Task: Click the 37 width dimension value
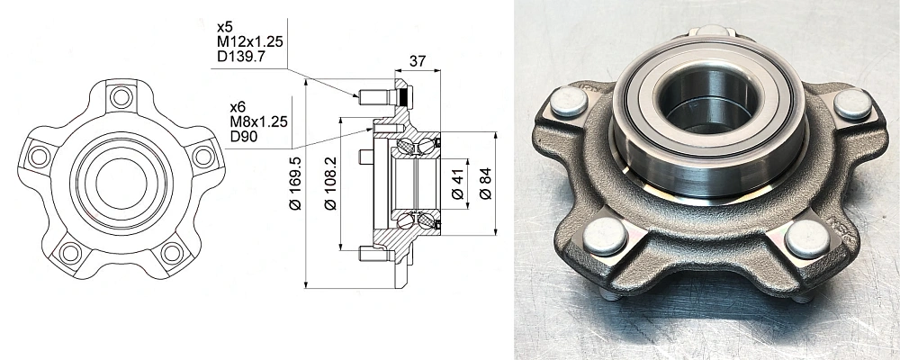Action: click(x=418, y=61)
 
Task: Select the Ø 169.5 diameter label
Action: click(x=295, y=184)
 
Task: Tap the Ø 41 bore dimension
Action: click(x=457, y=184)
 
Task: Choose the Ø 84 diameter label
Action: click(x=486, y=184)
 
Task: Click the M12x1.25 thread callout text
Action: click(x=249, y=42)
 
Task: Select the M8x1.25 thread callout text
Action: click(x=258, y=121)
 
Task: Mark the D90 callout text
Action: click(x=243, y=137)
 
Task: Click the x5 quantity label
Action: click(x=224, y=27)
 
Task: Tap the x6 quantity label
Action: click(x=238, y=107)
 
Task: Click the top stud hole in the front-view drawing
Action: click(x=121, y=96)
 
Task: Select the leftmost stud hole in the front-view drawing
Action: click(x=40, y=157)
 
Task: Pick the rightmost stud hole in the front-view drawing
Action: click(x=203, y=157)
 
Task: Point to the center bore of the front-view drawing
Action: click(x=121, y=184)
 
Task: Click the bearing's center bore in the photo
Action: click(x=707, y=103)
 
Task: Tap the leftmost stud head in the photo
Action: click(x=569, y=102)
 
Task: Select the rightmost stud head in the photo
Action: click(x=853, y=104)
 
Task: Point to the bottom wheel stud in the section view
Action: click(x=376, y=253)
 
